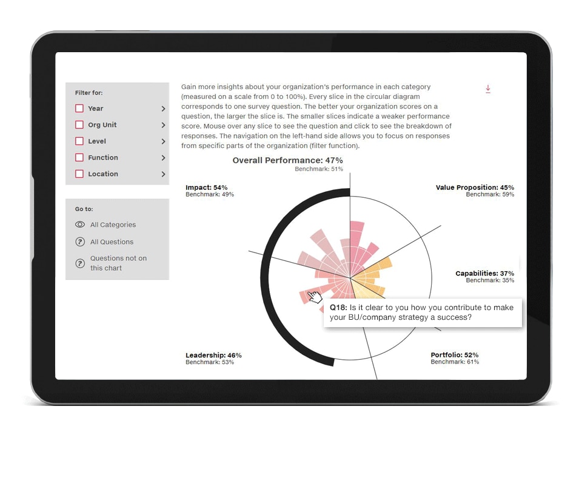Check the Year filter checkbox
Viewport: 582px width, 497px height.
(79, 108)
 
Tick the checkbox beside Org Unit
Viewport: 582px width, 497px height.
(79, 124)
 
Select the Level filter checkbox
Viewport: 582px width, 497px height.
(79, 141)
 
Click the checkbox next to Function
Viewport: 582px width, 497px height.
(79, 157)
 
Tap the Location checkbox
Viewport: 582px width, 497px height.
(79, 174)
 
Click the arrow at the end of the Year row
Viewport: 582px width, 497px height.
(163, 109)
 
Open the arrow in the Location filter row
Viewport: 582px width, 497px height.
(163, 174)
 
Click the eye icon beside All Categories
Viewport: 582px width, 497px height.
(80, 225)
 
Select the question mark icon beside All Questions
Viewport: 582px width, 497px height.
(80, 242)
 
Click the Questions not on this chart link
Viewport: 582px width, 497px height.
(118, 263)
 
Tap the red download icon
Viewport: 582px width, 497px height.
(488, 89)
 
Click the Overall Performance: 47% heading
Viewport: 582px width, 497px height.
(287, 160)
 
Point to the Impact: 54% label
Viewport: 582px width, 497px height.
(206, 188)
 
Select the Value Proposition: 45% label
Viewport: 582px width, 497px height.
(475, 188)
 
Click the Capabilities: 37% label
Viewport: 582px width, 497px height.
(485, 274)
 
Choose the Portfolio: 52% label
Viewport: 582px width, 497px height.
(455, 355)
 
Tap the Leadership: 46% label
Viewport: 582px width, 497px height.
(213, 355)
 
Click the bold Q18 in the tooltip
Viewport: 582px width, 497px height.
(338, 308)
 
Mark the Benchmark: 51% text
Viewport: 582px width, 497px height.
(319, 169)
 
